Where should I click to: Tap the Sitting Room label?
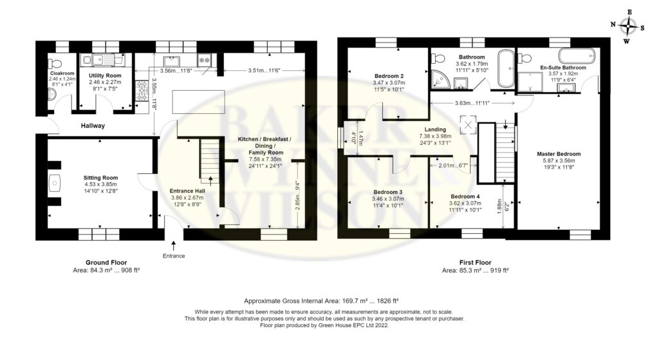[x=100, y=178]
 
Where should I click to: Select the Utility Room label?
[x=105, y=76]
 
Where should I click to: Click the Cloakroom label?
[x=62, y=73]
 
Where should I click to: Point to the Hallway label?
[x=93, y=126]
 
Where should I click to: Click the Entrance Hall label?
[x=187, y=191]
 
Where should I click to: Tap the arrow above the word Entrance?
[x=174, y=245]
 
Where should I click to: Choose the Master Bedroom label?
[x=559, y=154]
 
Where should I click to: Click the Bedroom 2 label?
[x=389, y=76]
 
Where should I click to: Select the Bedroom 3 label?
[x=388, y=192]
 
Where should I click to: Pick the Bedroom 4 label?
[x=465, y=196]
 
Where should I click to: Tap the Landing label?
[x=435, y=129]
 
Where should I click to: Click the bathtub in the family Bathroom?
[x=506, y=68]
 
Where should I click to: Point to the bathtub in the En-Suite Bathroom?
[x=577, y=55]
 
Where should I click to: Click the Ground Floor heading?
[x=106, y=262]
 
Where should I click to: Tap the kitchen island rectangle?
[x=198, y=101]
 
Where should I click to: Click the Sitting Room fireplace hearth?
[x=55, y=184]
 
